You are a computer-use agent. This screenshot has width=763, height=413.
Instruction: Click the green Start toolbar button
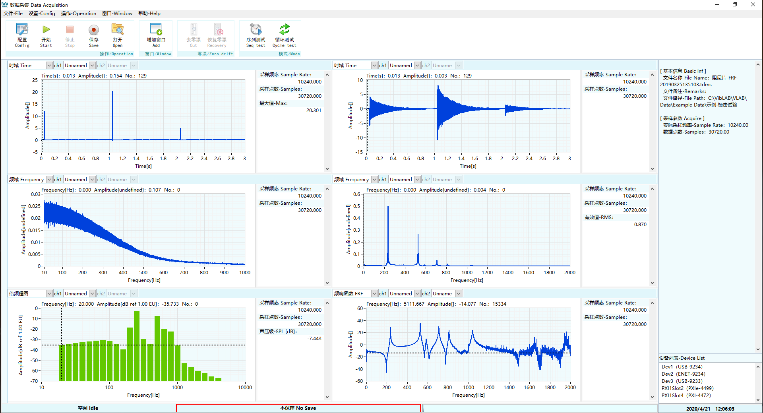click(46, 35)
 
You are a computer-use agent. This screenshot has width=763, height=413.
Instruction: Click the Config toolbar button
click(22, 35)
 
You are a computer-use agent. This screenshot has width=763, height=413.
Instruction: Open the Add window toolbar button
click(156, 35)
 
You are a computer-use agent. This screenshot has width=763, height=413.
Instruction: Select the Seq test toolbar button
click(256, 35)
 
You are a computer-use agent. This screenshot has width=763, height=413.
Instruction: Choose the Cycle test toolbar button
click(284, 35)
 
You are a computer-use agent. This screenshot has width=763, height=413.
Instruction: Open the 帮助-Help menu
click(149, 14)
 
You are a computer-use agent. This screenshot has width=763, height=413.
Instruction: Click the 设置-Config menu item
click(42, 14)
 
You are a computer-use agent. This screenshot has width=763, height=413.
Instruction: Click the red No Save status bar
click(298, 408)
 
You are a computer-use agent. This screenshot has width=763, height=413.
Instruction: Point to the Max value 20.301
click(314, 111)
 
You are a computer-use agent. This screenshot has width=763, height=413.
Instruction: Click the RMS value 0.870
click(640, 225)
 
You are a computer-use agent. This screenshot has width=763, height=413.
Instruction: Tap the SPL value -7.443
click(314, 339)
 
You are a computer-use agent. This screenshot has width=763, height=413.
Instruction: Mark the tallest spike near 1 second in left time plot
click(112, 92)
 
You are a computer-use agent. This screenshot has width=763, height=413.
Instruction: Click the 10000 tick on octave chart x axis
click(245, 388)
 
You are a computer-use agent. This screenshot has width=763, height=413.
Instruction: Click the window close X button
click(753, 5)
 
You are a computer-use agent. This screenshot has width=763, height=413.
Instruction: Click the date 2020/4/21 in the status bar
click(698, 409)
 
